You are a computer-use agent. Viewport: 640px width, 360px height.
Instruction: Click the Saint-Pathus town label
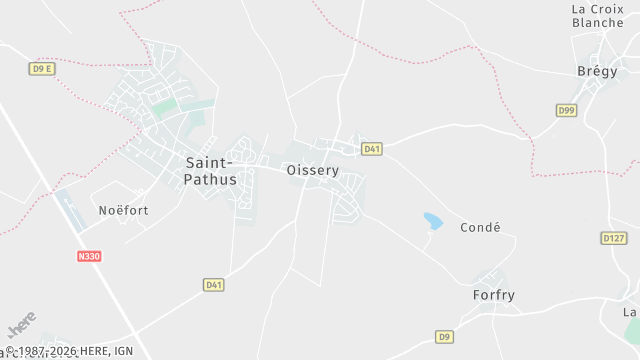coord(211,171)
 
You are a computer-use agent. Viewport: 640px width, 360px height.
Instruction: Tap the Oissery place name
coord(313,170)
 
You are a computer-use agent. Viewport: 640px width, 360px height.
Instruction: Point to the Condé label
coord(480,227)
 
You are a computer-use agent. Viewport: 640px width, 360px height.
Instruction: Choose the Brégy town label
coord(597,71)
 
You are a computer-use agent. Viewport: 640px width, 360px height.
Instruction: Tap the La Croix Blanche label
coord(597,16)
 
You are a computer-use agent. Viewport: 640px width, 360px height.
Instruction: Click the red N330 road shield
coord(89,256)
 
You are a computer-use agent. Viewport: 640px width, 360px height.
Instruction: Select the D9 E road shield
coord(41,69)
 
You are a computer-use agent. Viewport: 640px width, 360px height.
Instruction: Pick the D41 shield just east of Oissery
coord(372,149)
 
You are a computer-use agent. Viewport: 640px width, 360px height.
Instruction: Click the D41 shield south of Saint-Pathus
coord(213,285)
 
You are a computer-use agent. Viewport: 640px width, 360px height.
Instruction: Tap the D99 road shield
coord(567,110)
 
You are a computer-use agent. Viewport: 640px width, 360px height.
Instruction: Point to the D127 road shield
coord(613,238)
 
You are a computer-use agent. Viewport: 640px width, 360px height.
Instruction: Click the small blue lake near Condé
coord(433,220)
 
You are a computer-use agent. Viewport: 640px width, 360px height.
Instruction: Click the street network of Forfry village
coord(490,279)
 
